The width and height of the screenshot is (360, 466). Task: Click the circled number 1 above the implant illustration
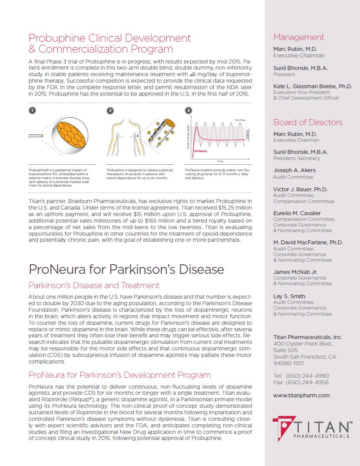click(32, 110)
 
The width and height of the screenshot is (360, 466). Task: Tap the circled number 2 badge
click(110, 110)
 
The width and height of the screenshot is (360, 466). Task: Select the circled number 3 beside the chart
click(188, 110)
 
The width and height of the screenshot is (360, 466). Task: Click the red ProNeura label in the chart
click(201, 151)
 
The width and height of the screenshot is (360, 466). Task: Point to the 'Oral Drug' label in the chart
click(240, 119)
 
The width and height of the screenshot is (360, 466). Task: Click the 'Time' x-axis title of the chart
click(220, 161)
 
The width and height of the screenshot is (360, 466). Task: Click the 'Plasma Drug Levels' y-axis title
click(188, 136)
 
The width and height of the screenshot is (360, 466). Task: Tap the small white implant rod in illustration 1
click(36, 136)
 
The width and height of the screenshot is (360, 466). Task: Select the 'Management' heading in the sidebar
click(298, 37)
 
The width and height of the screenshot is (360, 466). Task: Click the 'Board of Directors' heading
click(308, 123)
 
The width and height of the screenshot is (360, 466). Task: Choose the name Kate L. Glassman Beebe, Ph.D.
click(313, 87)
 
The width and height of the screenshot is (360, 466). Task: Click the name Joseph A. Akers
click(294, 170)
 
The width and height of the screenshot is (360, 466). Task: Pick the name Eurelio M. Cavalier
click(297, 213)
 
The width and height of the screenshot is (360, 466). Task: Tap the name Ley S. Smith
click(289, 296)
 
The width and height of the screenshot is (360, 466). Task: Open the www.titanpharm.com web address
click(301, 396)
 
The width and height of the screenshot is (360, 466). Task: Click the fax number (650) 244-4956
click(307, 383)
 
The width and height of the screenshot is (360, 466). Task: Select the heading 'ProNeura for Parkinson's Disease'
click(126, 270)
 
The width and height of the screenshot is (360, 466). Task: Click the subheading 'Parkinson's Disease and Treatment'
click(94, 286)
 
